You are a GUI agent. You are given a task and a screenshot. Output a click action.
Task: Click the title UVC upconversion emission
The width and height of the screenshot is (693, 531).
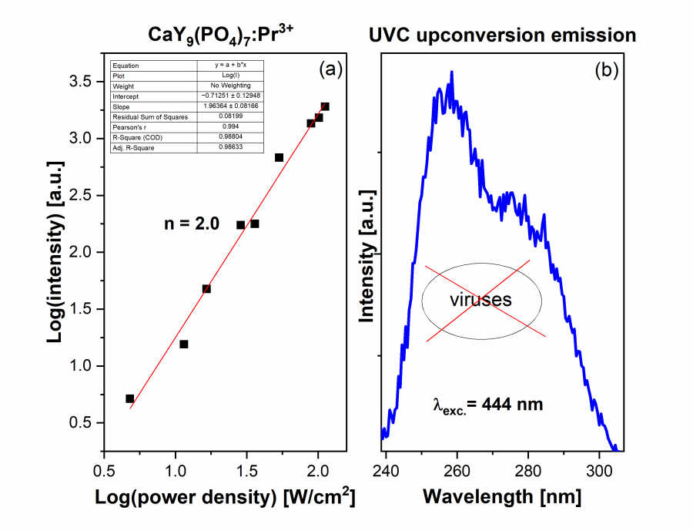pyautogui.click(x=502, y=35)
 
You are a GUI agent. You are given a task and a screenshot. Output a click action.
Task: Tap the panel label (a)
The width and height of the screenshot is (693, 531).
pyautogui.click(x=330, y=70)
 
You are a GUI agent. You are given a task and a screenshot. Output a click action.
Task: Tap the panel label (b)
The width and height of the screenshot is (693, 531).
pyautogui.click(x=604, y=70)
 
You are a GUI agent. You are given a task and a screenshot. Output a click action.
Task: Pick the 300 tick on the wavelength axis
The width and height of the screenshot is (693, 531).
pyautogui.click(x=599, y=470)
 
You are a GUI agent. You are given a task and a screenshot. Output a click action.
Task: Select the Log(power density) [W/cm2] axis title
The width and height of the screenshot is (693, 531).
pyautogui.click(x=225, y=499)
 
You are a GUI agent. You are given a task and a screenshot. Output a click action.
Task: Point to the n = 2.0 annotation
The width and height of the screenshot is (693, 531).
pyautogui.click(x=192, y=224)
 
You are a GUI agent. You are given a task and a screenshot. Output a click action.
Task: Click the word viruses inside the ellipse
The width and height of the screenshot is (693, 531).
pyautogui.click(x=481, y=300)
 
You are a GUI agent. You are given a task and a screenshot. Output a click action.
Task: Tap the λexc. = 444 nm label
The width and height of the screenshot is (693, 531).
pyautogui.click(x=488, y=404)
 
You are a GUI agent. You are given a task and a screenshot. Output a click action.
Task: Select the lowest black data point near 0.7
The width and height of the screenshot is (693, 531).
pyautogui.click(x=129, y=398)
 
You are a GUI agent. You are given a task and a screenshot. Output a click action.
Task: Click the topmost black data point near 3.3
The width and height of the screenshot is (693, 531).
pyautogui.click(x=325, y=106)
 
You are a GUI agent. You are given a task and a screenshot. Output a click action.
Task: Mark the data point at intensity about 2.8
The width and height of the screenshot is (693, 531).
pyautogui.click(x=279, y=157)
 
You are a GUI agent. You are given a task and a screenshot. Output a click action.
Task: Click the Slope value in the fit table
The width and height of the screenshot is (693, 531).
pyautogui.click(x=230, y=106)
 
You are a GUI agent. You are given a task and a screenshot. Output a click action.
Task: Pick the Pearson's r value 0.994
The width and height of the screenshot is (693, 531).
pyautogui.click(x=230, y=126)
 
